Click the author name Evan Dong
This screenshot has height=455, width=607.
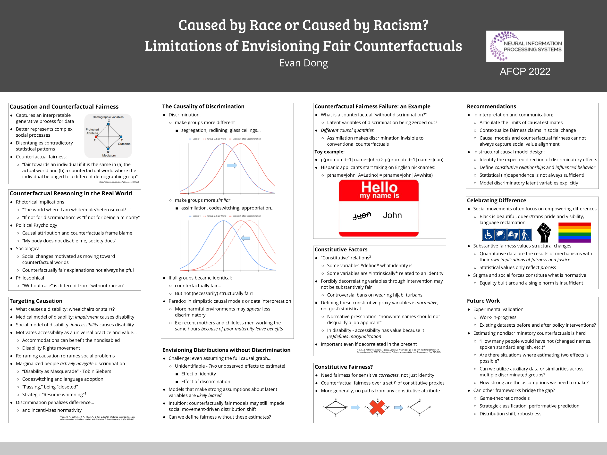click(303, 63)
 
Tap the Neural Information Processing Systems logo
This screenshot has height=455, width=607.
click(525, 46)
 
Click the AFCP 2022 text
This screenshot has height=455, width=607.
click(525, 72)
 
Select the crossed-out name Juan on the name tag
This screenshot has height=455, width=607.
click(362, 215)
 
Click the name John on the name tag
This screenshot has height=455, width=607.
click(392, 215)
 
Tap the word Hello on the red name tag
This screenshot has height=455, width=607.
click(379, 187)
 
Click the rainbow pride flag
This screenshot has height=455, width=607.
click(574, 232)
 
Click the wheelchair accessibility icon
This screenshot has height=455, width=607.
click(488, 235)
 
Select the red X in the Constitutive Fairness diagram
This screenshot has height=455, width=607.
click(377, 407)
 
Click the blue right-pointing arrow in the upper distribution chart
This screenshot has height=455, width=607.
click(232, 165)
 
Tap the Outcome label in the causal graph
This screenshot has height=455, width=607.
click(124, 144)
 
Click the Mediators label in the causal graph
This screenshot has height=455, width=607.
click(109, 156)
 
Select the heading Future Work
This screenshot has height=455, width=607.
click(483, 301)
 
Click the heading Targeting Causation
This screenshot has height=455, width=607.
click(36, 301)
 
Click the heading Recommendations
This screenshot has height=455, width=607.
click(491, 107)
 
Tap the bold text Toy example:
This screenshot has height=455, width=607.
click(329, 152)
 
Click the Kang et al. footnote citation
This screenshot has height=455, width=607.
click(97, 418)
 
